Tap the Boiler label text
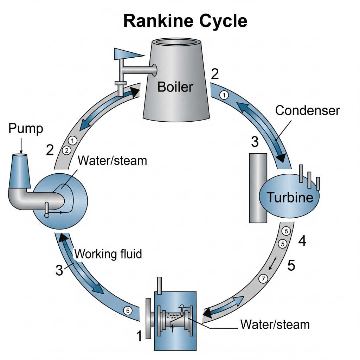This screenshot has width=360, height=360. click(175, 86)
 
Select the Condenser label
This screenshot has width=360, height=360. click(308, 110)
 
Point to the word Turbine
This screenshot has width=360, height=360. click(289, 197)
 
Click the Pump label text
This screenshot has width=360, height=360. click(25, 129)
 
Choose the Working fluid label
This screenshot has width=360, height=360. click(109, 253)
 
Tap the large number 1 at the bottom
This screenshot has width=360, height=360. click(140, 336)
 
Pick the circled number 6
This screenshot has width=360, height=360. click(286, 231)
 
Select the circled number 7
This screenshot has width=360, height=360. click(263, 279)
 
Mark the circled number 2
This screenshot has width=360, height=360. click(66, 150)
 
